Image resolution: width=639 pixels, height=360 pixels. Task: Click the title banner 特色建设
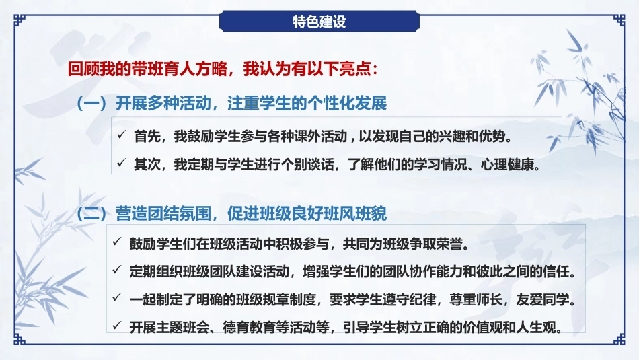pyautogui.click(x=319, y=22)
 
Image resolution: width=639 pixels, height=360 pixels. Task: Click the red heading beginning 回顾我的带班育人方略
pyautogui.click(x=223, y=69)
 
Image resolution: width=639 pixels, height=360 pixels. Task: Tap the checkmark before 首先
pyautogui.click(x=122, y=135)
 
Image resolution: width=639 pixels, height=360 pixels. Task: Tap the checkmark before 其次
pyautogui.click(x=122, y=163)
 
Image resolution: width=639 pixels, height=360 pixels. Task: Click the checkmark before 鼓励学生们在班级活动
pyautogui.click(x=117, y=242)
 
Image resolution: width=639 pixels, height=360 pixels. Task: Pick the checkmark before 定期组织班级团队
pyautogui.click(x=117, y=270)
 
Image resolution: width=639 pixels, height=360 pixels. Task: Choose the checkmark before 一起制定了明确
pyautogui.click(x=117, y=298)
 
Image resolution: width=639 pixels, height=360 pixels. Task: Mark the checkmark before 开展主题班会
pyautogui.click(x=117, y=325)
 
